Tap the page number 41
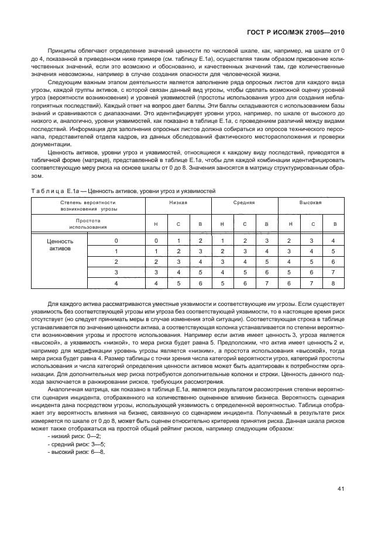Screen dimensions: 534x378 [x=341, y=489]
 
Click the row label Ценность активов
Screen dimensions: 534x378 [x=59, y=244]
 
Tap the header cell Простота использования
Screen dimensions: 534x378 [x=88, y=224]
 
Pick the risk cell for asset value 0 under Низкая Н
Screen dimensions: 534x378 [x=156, y=241]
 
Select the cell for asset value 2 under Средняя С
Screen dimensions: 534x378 [x=245, y=262]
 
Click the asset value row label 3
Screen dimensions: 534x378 [x=116, y=273]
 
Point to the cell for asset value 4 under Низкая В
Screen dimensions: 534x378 [x=200, y=283]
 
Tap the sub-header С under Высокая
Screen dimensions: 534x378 [x=311, y=224]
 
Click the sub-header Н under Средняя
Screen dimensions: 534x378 [x=222, y=224]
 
